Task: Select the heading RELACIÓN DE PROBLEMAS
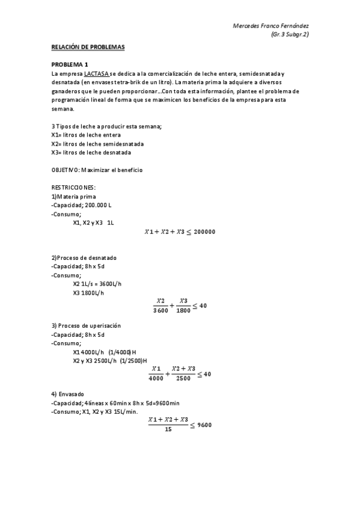[88, 46]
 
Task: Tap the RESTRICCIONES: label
[74, 188]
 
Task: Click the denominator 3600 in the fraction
[160, 311]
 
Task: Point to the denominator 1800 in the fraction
[183, 311]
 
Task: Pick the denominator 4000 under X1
[156, 378]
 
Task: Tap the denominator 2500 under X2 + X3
[183, 378]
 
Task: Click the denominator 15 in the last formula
[168, 429]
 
